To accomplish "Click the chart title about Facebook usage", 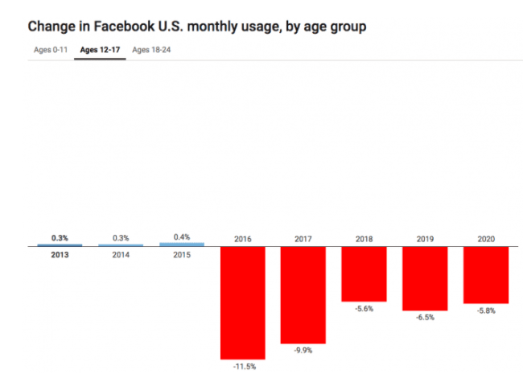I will pyautogui.click(x=197, y=27).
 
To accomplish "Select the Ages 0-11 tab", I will pyautogui.click(x=49, y=50).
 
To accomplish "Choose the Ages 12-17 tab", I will pyautogui.click(x=100, y=50).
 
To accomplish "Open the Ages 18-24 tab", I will pyautogui.click(x=151, y=50).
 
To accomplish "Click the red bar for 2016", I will pyautogui.click(x=242, y=302).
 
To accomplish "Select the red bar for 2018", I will pyautogui.click(x=364, y=274).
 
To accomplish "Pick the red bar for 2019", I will pyautogui.click(x=425, y=278).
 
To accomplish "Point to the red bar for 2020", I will pyautogui.click(x=485, y=275).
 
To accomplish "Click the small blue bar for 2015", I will pyautogui.click(x=182, y=244).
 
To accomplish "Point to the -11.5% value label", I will pyautogui.click(x=242, y=367).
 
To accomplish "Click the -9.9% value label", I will pyautogui.click(x=303, y=351).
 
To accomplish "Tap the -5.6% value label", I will pyautogui.click(x=364, y=310).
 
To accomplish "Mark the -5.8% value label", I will pyautogui.click(x=485, y=311).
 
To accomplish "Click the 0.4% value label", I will pyautogui.click(x=182, y=236).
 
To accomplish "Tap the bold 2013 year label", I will pyautogui.click(x=60, y=256).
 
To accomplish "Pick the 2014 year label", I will pyautogui.click(x=121, y=256).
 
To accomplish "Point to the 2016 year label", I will pyautogui.click(x=242, y=238).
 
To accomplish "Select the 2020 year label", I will pyautogui.click(x=485, y=238).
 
